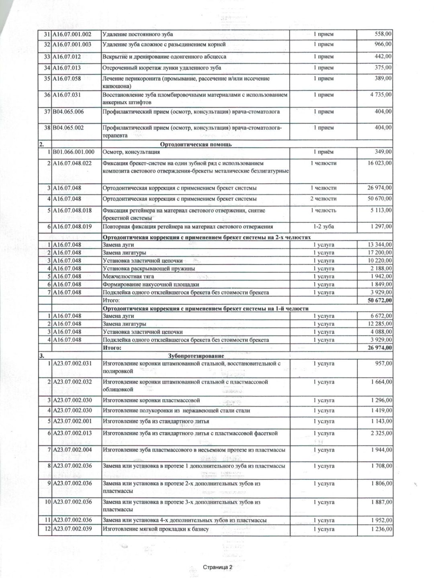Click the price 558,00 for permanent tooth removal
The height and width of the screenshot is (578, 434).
coord(383,34)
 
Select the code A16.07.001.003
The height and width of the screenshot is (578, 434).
coord(72,44)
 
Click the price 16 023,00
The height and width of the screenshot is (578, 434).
coord(380,163)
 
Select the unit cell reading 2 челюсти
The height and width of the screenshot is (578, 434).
coord(323,199)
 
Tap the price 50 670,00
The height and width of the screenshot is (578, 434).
coord(380,199)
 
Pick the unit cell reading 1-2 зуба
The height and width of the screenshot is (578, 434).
coord(323,227)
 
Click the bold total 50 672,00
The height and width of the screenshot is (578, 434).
coord(379,300)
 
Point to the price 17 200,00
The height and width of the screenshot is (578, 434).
coord(380,253)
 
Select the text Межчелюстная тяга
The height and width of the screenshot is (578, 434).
coord(129,276)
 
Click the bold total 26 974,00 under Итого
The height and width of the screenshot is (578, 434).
coord(379,348)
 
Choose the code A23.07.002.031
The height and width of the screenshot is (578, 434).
coord(72,364)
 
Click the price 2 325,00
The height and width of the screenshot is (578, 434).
coord(381,433)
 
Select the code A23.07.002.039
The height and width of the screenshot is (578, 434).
coord(72,529)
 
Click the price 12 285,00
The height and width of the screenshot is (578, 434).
coord(380,324)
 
